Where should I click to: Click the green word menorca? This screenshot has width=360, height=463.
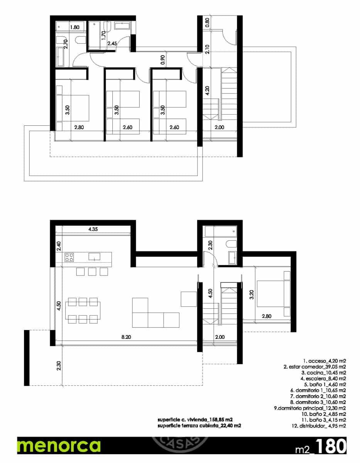[59, 446]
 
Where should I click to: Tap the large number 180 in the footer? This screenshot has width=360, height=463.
[329, 446]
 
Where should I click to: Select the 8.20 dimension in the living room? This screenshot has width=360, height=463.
[125, 337]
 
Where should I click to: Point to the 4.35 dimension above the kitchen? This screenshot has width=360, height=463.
[92, 229]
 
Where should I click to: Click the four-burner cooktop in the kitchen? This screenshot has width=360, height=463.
[69, 257]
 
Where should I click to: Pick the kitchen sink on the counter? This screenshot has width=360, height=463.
[94, 256]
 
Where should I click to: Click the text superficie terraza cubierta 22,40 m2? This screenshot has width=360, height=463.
[200, 426]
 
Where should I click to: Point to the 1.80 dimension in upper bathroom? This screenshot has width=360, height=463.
[74, 27]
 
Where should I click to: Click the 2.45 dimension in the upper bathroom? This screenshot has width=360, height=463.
[112, 44]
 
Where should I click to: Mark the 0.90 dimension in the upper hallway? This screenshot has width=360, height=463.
[163, 59]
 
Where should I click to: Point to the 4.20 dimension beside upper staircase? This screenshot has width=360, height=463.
[207, 91]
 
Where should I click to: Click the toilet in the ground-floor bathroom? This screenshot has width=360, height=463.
[231, 244]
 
